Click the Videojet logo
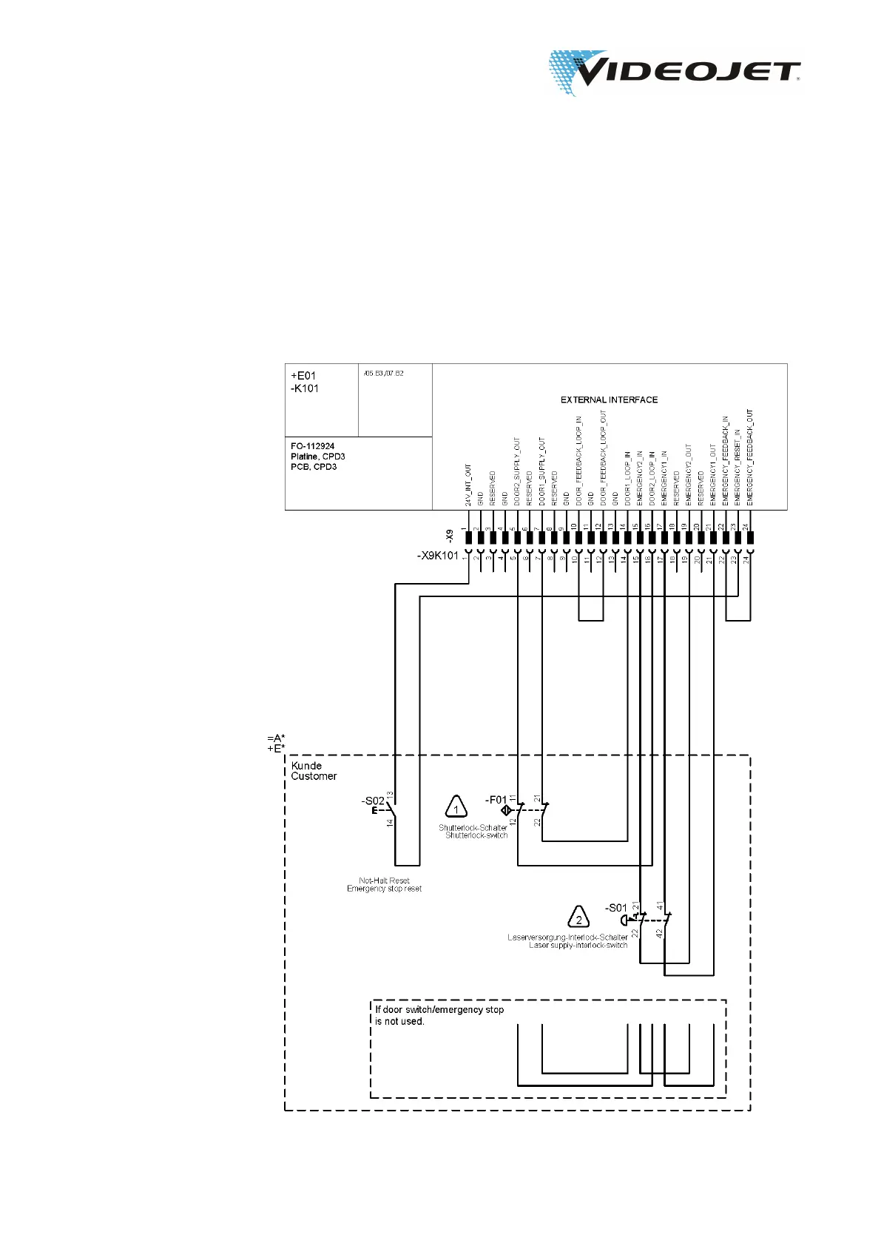point(673,73)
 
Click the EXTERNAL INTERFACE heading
point(609,400)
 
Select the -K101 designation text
point(305,388)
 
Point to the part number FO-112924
point(312,446)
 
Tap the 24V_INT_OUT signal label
point(468,485)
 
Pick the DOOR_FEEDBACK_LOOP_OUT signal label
point(604,458)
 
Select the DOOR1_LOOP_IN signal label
point(628,478)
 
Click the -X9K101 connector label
point(438,556)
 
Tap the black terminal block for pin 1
point(468,538)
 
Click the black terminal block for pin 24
point(750,538)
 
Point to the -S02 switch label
point(373,801)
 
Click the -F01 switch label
point(496,800)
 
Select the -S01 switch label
point(616,908)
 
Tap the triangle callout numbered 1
point(456,808)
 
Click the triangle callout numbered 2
point(578,918)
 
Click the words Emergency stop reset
point(384,889)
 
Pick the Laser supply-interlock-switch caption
point(578,945)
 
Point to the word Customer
point(314,776)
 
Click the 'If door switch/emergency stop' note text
point(439,1009)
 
